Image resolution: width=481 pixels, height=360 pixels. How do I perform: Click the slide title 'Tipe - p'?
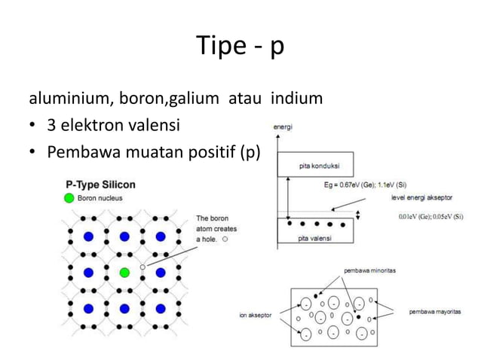pyautogui.click(x=240, y=47)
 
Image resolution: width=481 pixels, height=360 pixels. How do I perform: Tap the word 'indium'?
pyautogui.click(x=296, y=99)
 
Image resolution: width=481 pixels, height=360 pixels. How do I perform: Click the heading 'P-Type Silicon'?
pyautogui.click(x=101, y=184)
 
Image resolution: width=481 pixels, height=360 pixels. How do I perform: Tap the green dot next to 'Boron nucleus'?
pyautogui.click(x=69, y=198)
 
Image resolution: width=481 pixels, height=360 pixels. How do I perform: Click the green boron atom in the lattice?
pyautogui.click(x=124, y=272)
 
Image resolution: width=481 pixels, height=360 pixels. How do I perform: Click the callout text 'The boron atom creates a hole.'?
pyautogui.click(x=213, y=228)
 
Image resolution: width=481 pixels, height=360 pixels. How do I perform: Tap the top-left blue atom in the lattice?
pyautogui.click(x=88, y=236)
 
